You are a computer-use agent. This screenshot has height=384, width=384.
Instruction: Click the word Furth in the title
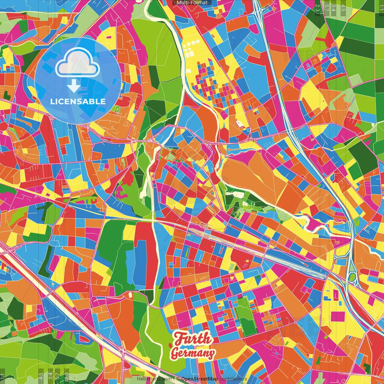[193, 339]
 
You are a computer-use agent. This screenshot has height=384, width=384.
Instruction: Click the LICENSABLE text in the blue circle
[78, 101]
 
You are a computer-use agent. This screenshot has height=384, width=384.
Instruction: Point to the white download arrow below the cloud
[74, 86]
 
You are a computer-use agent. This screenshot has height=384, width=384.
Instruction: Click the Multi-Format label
[192, 3]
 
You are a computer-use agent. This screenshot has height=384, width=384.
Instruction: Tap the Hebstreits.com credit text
[154, 379]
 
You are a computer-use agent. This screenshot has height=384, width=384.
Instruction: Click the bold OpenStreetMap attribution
[199, 379]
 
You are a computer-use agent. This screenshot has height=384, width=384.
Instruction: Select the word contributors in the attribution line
[233, 379]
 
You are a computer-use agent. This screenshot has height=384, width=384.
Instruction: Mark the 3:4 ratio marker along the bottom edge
[50, 376]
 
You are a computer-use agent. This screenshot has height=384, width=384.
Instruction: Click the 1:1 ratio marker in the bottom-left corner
[3, 376]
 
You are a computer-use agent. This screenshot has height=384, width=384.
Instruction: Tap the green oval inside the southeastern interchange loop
[352, 276]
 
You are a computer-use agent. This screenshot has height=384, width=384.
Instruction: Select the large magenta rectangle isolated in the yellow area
[338, 316]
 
